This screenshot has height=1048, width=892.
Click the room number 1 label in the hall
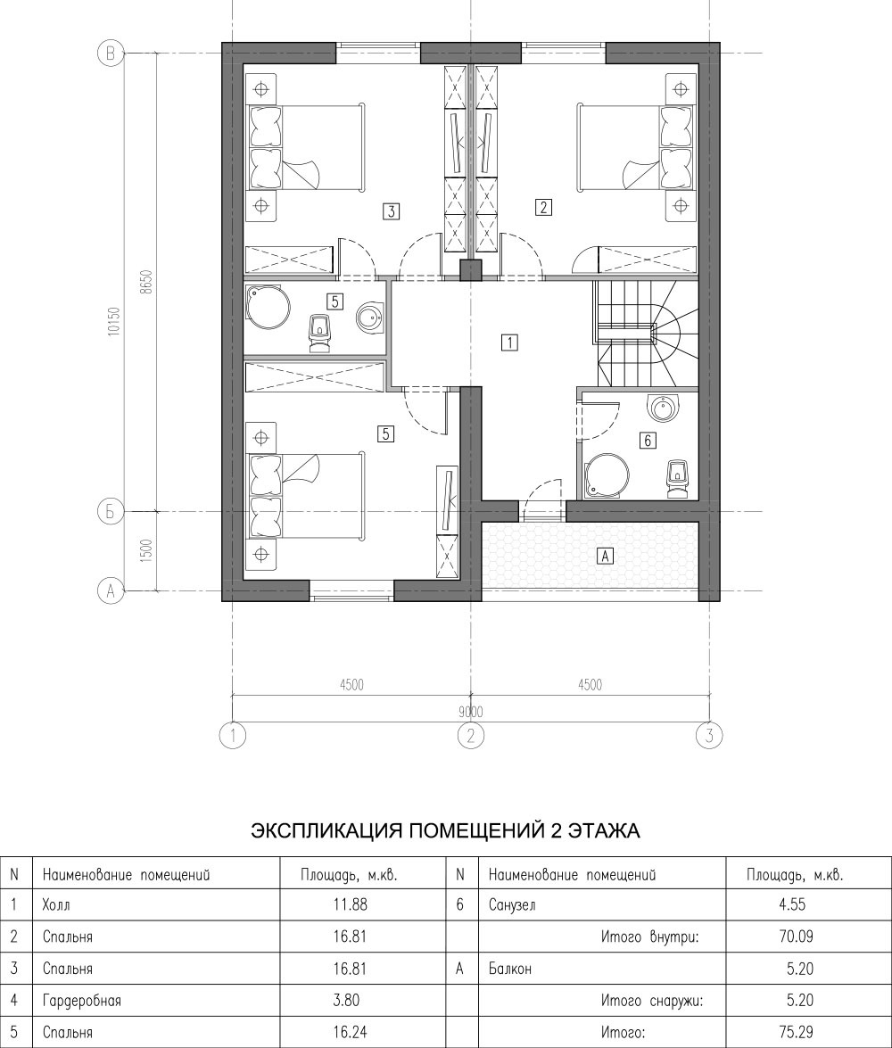click(508, 342)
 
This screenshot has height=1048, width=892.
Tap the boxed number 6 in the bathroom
click(648, 441)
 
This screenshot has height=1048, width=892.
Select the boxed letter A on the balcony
click(605, 555)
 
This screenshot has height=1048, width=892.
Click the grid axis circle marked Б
click(110, 512)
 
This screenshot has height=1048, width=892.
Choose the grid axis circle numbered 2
click(471, 736)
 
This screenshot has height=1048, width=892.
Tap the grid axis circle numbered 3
click(709, 736)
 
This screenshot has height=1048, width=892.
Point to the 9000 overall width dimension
click(471, 713)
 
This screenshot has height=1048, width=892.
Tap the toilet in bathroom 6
click(678, 478)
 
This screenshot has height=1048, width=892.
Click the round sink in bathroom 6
click(664, 407)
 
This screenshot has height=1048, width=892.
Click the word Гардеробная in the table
click(81, 1000)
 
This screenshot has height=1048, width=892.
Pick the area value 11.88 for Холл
click(351, 905)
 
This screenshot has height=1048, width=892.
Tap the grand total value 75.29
click(797, 1032)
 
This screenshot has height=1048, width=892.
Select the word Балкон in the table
click(506, 968)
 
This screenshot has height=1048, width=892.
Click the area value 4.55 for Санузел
click(792, 905)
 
